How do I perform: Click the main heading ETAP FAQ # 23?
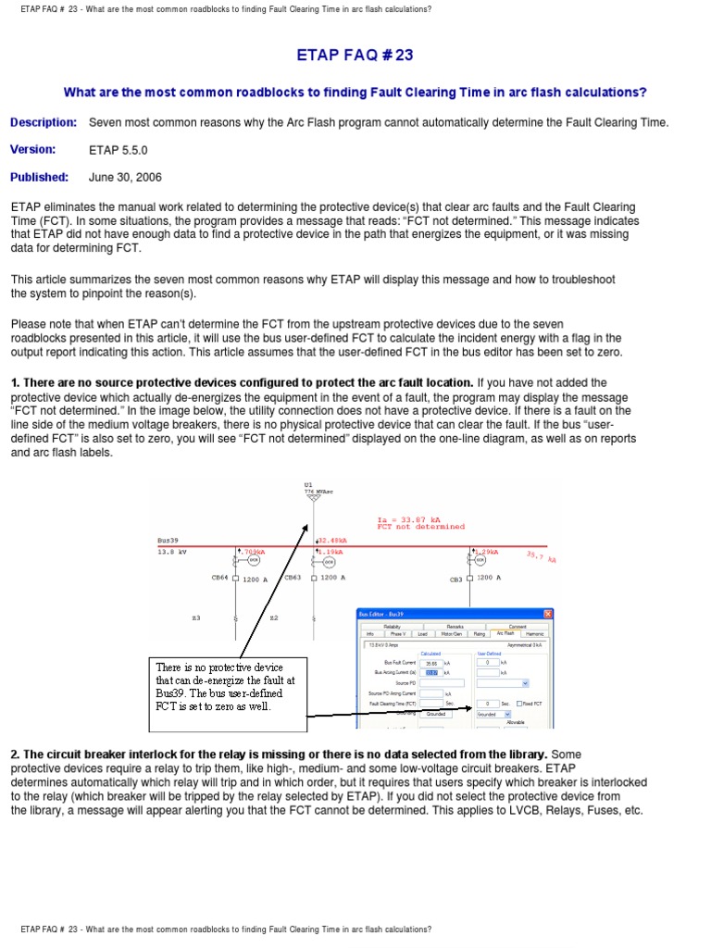[355, 56]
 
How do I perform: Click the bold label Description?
[44, 122]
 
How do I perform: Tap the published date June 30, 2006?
[125, 178]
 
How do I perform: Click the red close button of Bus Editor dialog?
[547, 615]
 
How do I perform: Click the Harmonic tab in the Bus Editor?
[536, 634]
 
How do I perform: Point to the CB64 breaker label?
[219, 578]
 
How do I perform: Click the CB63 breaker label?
[293, 578]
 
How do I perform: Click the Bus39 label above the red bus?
[168, 540]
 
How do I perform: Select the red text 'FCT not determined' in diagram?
[420, 527]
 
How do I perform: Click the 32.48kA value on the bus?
[333, 541]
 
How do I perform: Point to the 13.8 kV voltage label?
[172, 552]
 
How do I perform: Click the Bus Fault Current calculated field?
[430, 663]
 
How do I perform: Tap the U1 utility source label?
[308, 484]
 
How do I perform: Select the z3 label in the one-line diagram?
[195, 617]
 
